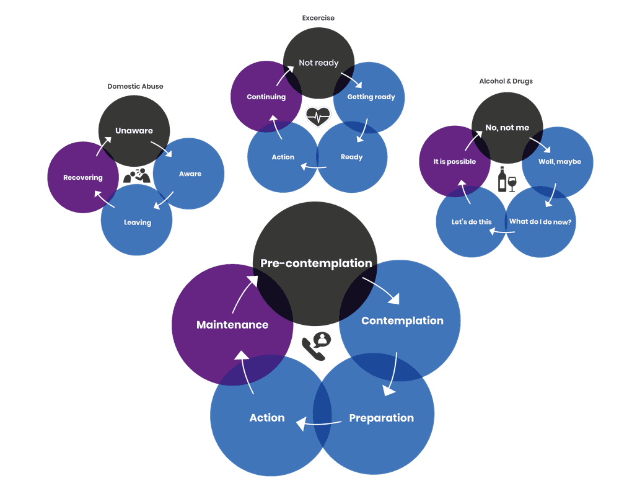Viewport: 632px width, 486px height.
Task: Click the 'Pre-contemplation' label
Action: [316, 263]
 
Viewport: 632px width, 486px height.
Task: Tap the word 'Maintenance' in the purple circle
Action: [232, 325]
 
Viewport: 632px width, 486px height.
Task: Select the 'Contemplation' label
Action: [402, 320]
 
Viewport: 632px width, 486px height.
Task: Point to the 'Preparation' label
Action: [381, 418]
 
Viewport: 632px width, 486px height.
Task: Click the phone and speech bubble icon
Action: [317, 346]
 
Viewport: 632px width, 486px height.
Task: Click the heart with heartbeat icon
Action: [318, 116]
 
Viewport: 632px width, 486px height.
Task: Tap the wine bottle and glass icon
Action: [506, 180]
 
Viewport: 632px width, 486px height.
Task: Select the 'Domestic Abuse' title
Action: [135, 86]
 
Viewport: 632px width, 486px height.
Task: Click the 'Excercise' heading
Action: [318, 18]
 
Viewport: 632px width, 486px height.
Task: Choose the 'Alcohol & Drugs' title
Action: [506, 81]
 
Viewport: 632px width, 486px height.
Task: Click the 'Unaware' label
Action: [134, 131]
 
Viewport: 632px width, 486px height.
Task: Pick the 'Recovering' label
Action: [82, 178]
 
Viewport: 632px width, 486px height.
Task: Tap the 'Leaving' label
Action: [137, 223]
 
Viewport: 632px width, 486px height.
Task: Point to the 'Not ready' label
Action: [318, 63]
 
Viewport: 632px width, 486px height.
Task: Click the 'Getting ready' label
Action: [371, 97]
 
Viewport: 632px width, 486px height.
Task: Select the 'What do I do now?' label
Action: [540, 222]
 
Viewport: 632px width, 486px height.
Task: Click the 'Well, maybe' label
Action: [560, 162]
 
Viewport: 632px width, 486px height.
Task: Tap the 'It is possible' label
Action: [454, 162]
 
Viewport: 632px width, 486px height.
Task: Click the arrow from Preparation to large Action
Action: [318, 424]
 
